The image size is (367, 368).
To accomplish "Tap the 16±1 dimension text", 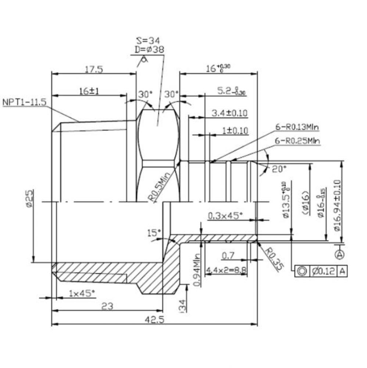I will click(90, 91).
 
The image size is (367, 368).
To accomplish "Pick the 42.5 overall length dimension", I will click(155, 320).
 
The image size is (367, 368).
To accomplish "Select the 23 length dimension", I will click(108, 305).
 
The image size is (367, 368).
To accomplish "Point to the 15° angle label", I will click(154, 233).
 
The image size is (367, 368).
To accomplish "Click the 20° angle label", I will click(279, 169).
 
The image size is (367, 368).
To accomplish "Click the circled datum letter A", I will click(340, 254).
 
